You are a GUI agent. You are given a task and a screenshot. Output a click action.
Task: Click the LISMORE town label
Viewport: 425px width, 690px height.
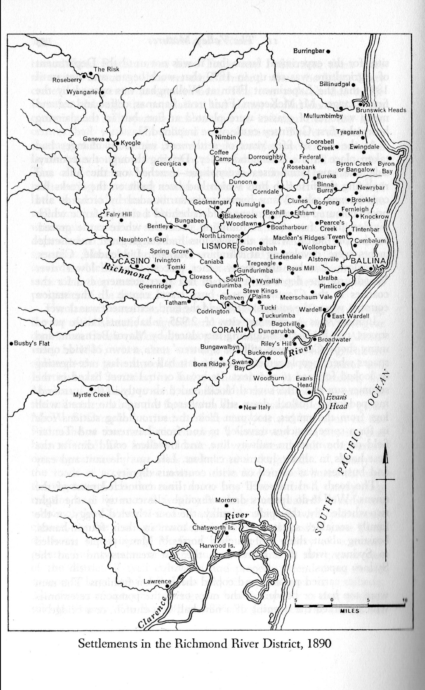click(x=219, y=245)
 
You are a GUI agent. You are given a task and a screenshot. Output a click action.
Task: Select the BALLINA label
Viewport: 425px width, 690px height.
click(x=368, y=260)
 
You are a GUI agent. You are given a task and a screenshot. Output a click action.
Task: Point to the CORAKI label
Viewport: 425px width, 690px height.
click(x=227, y=330)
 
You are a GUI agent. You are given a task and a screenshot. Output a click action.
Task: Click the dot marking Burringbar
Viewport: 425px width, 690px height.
click(x=328, y=51)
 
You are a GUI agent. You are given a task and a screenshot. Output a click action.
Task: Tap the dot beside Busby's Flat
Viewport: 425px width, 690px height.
click(x=11, y=343)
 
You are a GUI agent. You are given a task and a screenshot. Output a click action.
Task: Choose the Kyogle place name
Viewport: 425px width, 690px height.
click(x=131, y=143)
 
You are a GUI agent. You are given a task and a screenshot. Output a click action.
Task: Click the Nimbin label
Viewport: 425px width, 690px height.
click(x=225, y=137)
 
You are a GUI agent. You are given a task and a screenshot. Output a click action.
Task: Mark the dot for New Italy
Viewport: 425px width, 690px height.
click(x=240, y=407)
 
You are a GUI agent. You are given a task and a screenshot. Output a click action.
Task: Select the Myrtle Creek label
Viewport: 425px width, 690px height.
click(x=91, y=395)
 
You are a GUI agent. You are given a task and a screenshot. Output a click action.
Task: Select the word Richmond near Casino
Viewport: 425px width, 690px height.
click(x=127, y=270)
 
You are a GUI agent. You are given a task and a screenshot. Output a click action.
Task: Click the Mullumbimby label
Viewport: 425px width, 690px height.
click(x=323, y=116)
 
